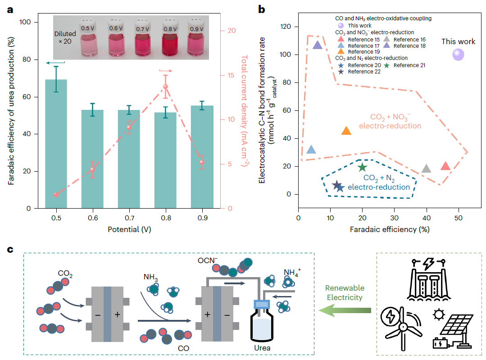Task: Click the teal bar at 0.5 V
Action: [56, 144]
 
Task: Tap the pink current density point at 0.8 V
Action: [165, 87]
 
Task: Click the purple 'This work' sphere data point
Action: [458, 55]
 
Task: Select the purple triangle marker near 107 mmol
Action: [318, 45]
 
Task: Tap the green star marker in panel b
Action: [363, 168]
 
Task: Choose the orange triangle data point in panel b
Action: [346, 131]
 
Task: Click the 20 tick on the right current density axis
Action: [232, 31]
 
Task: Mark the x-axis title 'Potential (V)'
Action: [129, 229]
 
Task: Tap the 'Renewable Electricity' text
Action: [345, 293]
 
